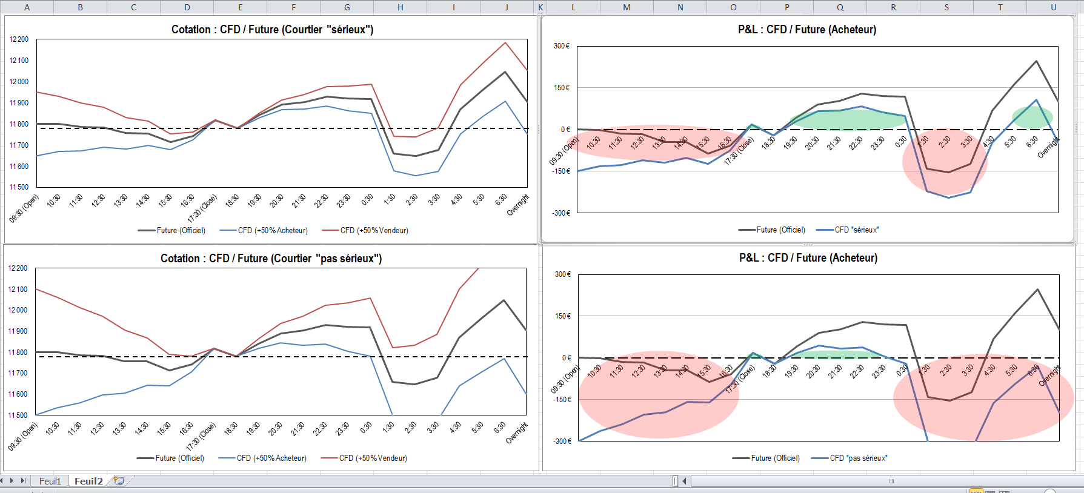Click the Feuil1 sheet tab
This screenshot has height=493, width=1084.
50,481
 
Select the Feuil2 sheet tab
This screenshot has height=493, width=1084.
88,481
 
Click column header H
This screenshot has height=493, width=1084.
400,7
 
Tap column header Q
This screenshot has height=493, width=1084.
840,7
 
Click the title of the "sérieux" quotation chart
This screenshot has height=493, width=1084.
272,30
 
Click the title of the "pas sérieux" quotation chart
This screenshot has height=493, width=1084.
271,259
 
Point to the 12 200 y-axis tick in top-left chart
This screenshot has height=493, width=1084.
19,40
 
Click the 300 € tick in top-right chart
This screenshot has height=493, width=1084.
561,46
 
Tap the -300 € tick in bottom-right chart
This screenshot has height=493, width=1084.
562,442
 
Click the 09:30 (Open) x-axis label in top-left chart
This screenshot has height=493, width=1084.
25,208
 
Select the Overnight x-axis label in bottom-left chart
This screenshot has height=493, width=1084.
517,433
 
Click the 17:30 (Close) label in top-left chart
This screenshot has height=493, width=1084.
202,209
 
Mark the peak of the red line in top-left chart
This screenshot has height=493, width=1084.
505,42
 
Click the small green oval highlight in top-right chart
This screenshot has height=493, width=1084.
1032,117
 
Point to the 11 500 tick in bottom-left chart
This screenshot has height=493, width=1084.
18,415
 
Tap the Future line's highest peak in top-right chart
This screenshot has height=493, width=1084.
1036,61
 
